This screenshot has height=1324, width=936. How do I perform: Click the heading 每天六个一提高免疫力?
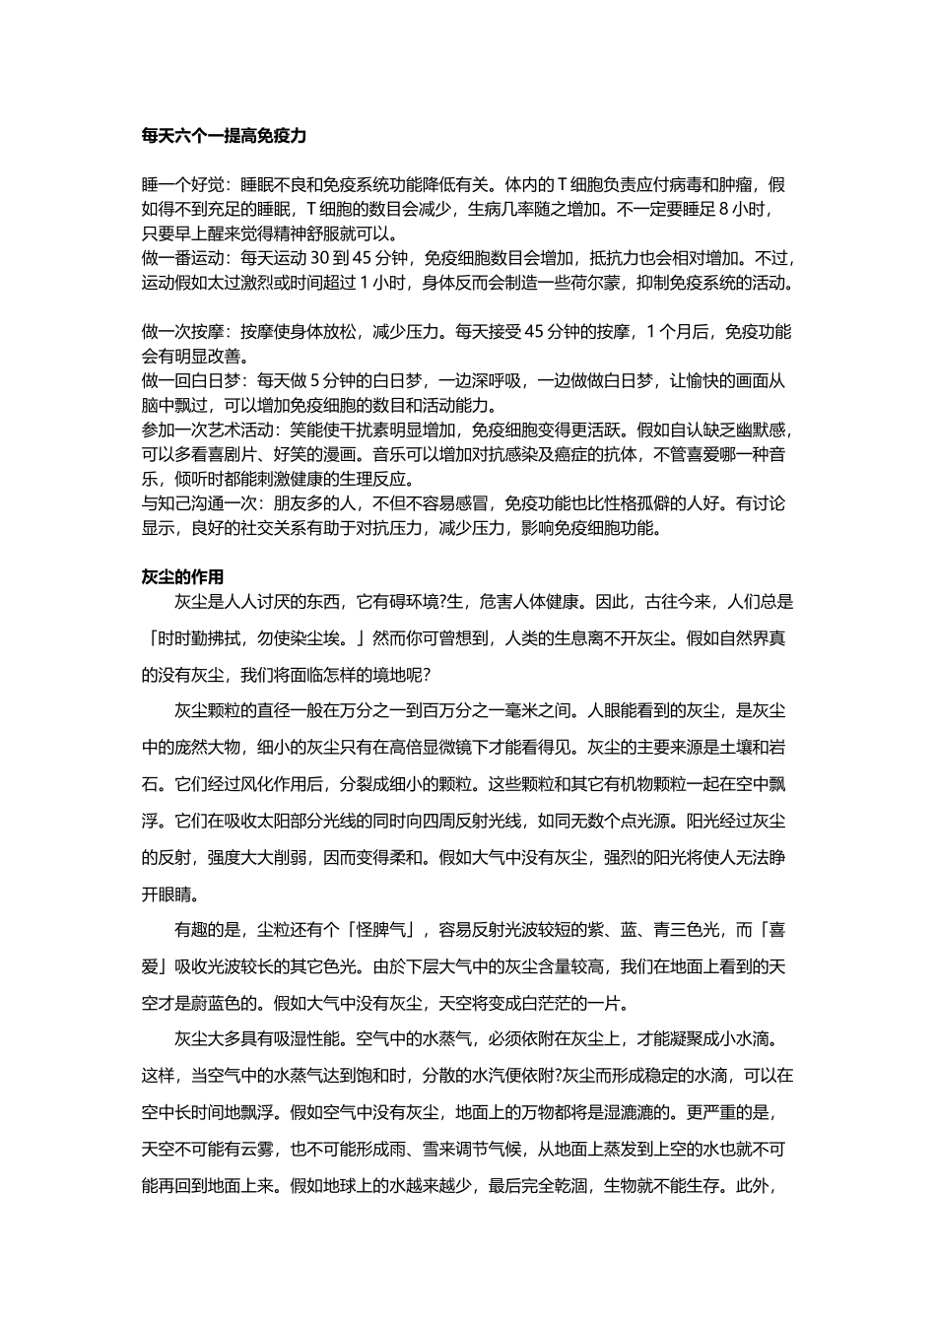(224, 136)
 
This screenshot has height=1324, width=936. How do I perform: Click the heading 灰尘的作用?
(182, 576)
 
